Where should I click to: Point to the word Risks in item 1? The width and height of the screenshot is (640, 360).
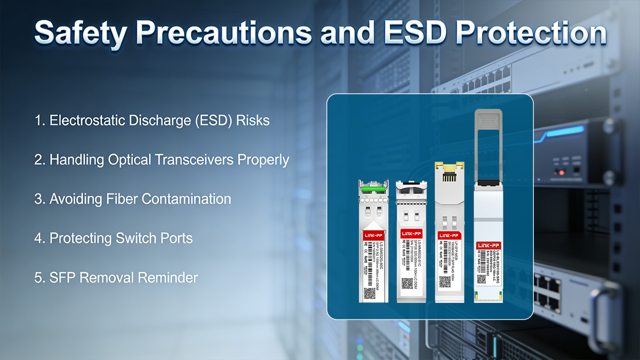pyautogui.click(x=253, y=121)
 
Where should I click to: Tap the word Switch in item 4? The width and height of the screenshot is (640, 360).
pyautogui.click(x=136, y=238)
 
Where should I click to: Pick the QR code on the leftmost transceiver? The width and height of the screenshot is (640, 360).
pyautogui.click(x=370, y=293)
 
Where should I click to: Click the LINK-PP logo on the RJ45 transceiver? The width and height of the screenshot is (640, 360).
pyautogui.click(x=448, y=235)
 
